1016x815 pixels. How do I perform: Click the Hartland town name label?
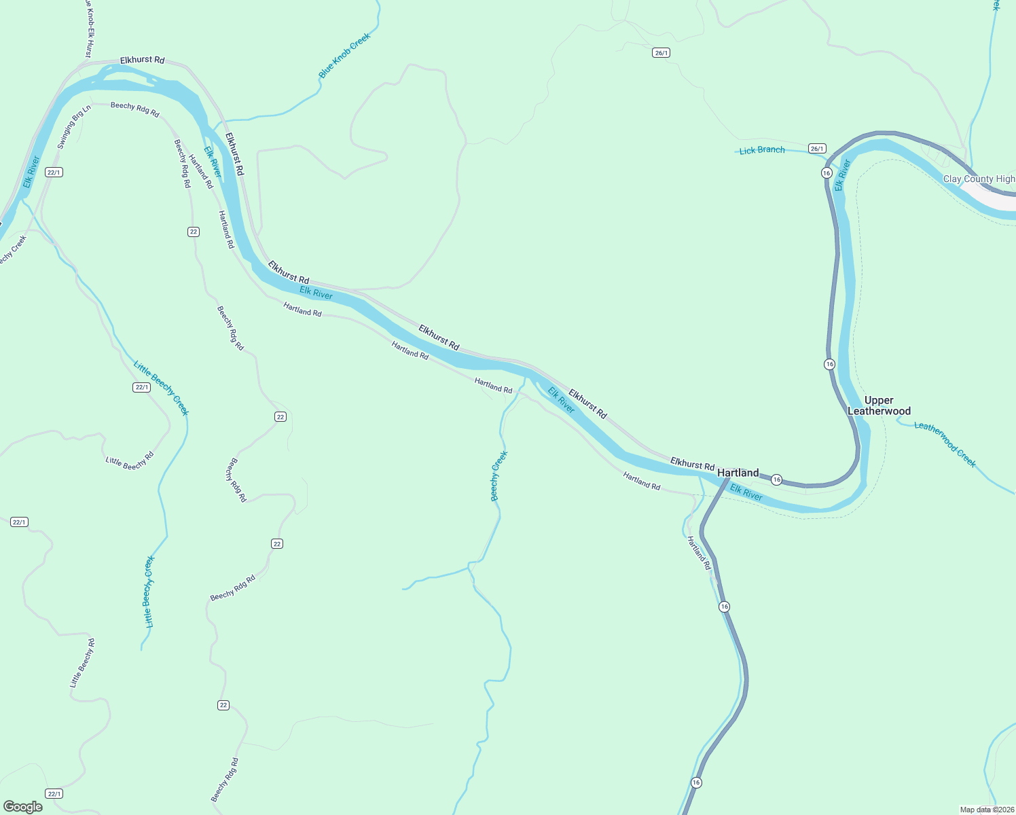click(x=738, y=473)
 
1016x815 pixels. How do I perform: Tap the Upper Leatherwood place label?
click(x=879, y=405)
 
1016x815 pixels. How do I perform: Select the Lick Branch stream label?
click(x=761, y=150)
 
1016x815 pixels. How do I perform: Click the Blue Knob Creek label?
click(x=345, y=55)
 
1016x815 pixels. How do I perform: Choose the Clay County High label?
click(x=979, y=179)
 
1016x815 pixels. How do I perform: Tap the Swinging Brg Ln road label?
click(x=73, y=128)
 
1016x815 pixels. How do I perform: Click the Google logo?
click(x=23, y=807)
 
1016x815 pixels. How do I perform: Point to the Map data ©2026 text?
click(x=987, y=810)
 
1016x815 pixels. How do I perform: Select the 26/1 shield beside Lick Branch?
click(x=817, y=149)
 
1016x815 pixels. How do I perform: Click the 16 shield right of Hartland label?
click(x=777, y=480)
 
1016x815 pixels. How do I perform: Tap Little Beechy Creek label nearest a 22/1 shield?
click(x=162, y=388)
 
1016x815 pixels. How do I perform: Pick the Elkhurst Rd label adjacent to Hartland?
click(x=692, y=464)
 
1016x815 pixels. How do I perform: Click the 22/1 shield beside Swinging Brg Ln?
click(x=54, y=173)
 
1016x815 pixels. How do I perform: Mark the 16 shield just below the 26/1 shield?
click(x=827, y=173)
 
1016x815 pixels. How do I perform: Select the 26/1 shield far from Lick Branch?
click(x=661, y=53)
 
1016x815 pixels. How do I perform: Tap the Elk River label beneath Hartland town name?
click(x=746, y=492)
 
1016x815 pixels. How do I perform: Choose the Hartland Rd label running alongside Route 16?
click(x=698, y=553)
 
